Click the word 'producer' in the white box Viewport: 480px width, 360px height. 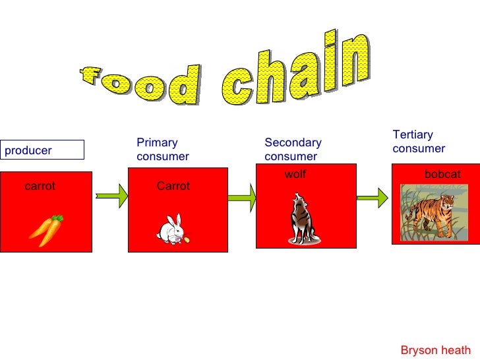point(28,150)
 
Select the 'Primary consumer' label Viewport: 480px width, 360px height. point(162,150)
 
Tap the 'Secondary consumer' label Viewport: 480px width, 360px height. point(293,150)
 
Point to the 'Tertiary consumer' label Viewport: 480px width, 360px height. point(419,142)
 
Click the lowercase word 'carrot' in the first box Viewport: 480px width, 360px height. point(40,187)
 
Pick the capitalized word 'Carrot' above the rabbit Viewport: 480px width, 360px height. point(173,187)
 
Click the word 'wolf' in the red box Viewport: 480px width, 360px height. point(295,174)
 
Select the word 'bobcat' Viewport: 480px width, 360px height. point(442,175)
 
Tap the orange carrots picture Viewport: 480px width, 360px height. point(46,229)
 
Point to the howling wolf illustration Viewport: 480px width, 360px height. point(303,220)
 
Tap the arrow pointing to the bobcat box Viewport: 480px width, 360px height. point(373,196)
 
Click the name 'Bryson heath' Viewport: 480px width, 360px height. point(435,350)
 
